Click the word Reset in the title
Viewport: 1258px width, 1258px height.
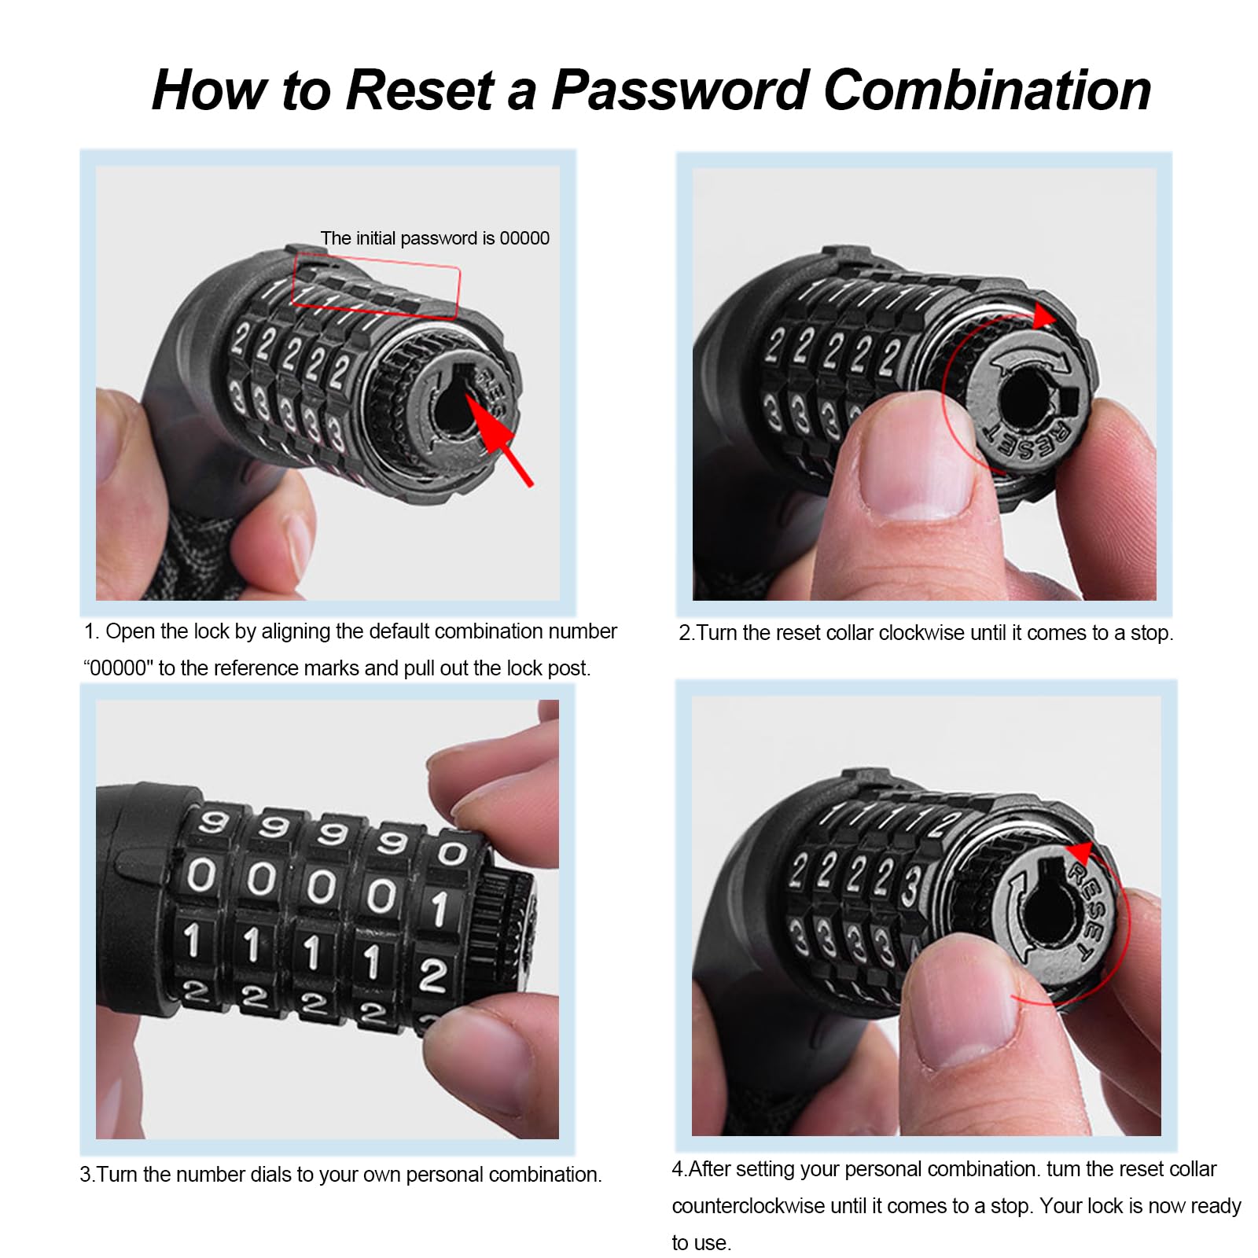click(x=420, y=90)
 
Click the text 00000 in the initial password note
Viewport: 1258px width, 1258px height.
click(x=524, y=238)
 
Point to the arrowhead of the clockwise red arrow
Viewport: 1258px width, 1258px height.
click(x=1044, y=317)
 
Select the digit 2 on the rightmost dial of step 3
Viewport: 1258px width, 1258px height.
click(x=432, y=975)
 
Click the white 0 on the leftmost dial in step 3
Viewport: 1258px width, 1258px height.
click(x=200, y=875)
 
